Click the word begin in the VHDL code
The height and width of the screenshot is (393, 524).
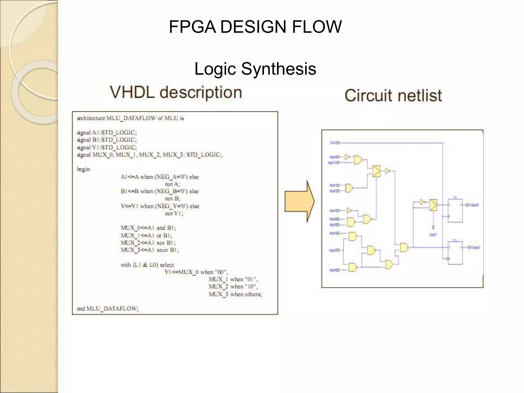[x=83, y=169]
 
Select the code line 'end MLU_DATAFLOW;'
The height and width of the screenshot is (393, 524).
[x=107, y=309]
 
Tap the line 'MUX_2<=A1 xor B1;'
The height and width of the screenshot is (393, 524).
[x=148, y=243]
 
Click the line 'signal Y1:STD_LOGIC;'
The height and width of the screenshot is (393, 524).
[x=107, y=147]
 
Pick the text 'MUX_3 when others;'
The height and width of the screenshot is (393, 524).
[x=235, y=294]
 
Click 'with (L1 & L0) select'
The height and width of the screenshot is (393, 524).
[x=147, y=265]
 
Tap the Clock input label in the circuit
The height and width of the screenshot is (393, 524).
[x=334, y=143]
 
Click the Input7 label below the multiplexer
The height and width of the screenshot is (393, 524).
[x=433, y=235]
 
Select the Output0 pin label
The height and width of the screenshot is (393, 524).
[x=473, y=205]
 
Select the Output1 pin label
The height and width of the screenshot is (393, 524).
[x=474, y=247]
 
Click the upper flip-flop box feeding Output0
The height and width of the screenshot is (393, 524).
[x=455, y=211]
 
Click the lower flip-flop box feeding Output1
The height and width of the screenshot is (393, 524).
[x=455, y=253]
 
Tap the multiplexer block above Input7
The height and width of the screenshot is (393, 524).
[x=433, y=205]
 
